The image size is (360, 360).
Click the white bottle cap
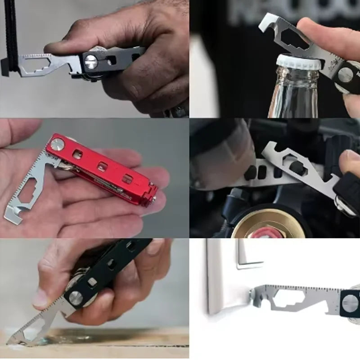298,62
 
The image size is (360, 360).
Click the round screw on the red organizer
57,144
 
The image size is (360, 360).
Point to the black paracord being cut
10,36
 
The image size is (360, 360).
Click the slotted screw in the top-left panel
91,62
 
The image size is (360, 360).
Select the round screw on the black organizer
75,297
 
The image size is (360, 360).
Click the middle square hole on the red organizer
102,166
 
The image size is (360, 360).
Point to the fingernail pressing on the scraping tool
41,298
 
